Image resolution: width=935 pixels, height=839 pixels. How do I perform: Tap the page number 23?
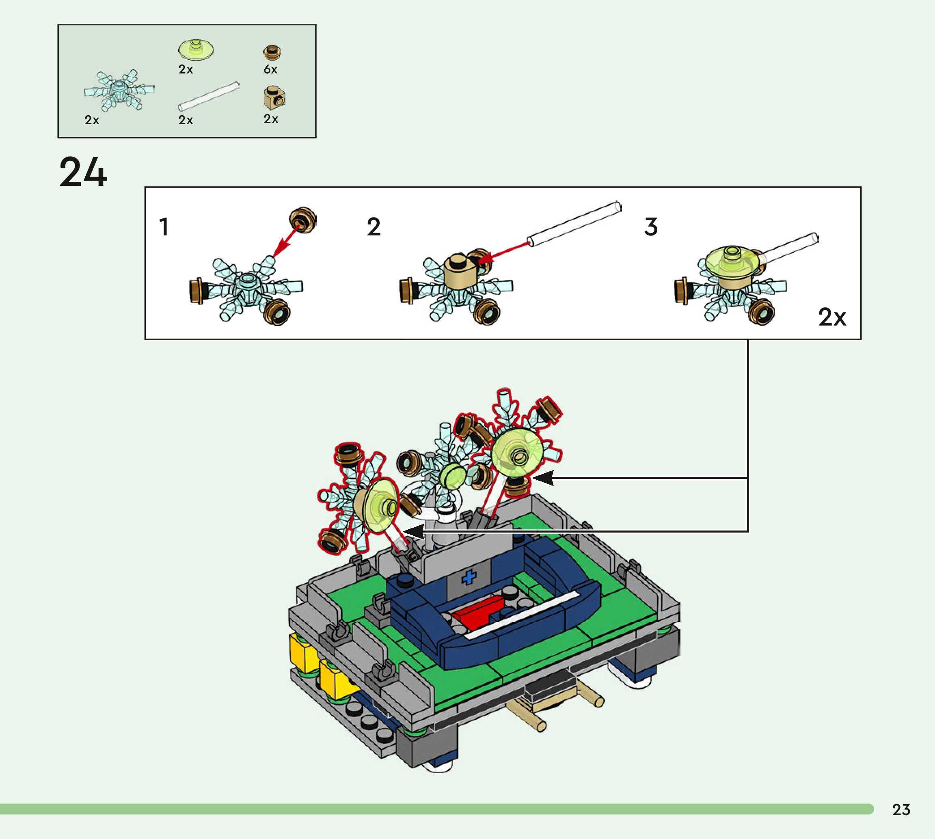(901, 810)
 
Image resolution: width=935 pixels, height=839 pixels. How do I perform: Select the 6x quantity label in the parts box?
(271, 69)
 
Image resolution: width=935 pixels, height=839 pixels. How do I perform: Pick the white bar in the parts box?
(209, 97)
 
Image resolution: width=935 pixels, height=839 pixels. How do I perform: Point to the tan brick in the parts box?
(274, 97)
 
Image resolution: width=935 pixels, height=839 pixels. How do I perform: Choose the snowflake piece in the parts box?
(119, 90)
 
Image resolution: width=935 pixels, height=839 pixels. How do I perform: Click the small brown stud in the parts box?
(272, 52)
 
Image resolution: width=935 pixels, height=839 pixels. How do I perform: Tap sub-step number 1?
(164, 227)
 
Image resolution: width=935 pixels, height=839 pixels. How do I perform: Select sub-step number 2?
(374, 227)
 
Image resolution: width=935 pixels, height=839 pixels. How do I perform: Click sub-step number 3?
(650, 227)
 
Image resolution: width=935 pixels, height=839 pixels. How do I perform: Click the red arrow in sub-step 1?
(285, 240)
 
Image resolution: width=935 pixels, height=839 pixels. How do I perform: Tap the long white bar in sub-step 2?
(574, 224)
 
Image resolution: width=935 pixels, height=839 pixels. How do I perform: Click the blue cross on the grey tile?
(469, 577)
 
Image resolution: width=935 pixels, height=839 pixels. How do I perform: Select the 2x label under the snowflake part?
(92, 120)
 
